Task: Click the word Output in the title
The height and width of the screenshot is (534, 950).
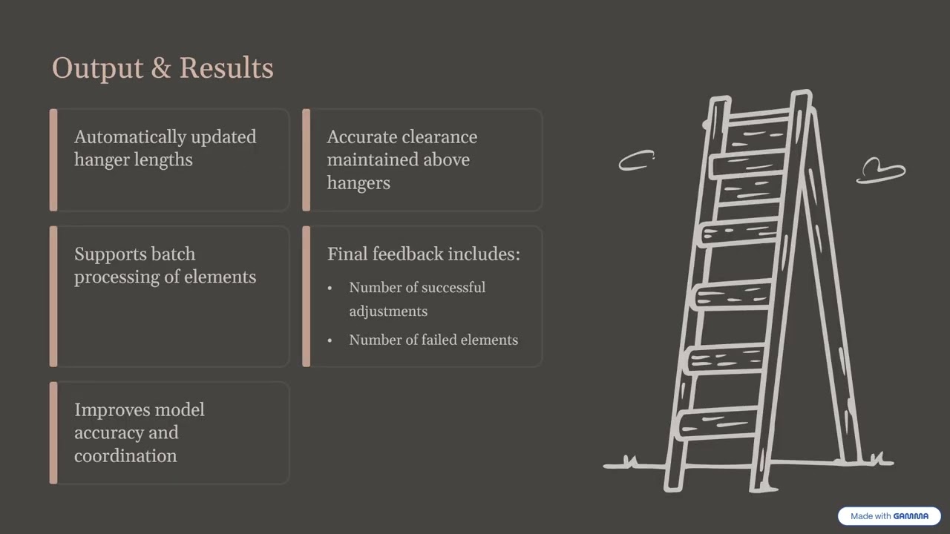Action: coord(97,68)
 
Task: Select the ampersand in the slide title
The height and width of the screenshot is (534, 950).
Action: coord(161,67)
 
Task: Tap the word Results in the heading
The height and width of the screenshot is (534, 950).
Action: coord(226,67)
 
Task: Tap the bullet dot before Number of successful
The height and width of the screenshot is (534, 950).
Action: coord(330,289)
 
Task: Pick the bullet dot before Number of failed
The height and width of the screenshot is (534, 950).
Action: coord(330,340)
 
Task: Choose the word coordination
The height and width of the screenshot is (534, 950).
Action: coord(125,456)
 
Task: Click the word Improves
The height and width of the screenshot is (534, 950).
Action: coord(112,410)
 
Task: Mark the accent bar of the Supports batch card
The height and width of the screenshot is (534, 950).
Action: coord(53,296)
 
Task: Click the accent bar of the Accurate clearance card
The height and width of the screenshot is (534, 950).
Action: coord(307,159)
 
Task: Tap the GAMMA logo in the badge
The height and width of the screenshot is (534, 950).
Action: coord(911,516)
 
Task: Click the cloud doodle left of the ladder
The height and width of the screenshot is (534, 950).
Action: coord(636,160)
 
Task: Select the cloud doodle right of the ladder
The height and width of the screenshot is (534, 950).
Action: coord(880,171)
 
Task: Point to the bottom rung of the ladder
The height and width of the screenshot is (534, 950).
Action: coord(719,423)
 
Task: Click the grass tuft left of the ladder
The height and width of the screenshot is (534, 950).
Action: coord(630,461)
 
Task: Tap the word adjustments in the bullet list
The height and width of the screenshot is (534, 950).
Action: coord(388,312)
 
